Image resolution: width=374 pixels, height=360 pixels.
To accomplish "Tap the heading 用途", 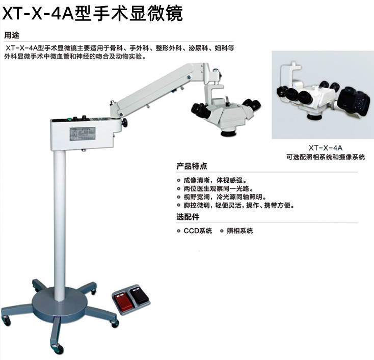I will pos(11,35).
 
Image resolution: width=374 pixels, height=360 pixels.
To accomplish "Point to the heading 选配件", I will pos(188,217).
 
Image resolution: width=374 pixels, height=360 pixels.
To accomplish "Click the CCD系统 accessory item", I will pos(197,231).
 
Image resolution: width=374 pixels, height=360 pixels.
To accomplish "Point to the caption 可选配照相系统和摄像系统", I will pos(326,157).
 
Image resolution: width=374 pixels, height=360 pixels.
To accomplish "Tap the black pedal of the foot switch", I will pos(139,294).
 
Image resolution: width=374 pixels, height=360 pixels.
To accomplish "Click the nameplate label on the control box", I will pos(82,133).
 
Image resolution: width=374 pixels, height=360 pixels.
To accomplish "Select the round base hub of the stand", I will pos(60,302).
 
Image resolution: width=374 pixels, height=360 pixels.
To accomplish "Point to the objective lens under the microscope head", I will pos(227,133).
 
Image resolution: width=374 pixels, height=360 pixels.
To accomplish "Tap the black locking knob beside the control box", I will pos(124,123).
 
